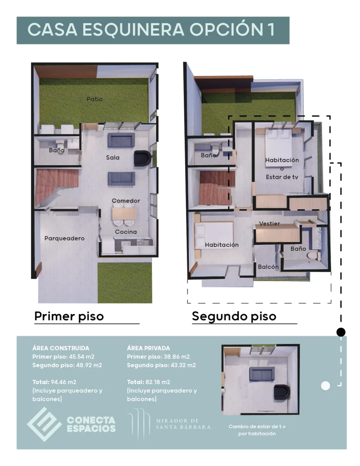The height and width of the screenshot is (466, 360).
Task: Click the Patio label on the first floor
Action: tap(95, 99)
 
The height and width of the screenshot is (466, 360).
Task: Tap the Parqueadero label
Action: tap(64, 238)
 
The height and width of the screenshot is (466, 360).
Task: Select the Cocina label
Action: tap(126, 232)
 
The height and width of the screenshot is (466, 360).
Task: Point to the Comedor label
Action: tap(126, 201)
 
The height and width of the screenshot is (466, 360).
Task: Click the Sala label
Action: tap(112, 157)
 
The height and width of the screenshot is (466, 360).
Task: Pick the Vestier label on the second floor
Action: tap(269, 223)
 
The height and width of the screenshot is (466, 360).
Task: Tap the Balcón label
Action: tap(268, 267)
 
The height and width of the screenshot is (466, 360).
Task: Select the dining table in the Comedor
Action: tap(123, 213)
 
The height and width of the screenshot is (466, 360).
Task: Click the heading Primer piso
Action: tap(69, 316)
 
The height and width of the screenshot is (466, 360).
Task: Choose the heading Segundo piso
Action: tap(234, 316)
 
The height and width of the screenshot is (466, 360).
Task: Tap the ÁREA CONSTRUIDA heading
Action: tap(61, 348)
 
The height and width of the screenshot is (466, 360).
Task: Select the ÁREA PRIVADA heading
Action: tap(148, 348)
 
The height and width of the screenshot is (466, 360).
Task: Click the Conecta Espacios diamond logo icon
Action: tap(44, 424)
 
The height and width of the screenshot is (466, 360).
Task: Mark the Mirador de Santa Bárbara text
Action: tap(183, 424)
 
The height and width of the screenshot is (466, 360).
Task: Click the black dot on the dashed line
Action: tap(340, 331)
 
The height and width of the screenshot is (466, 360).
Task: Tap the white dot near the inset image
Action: tap(325, 386)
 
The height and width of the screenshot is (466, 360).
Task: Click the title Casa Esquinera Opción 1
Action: tap(151, 30)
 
